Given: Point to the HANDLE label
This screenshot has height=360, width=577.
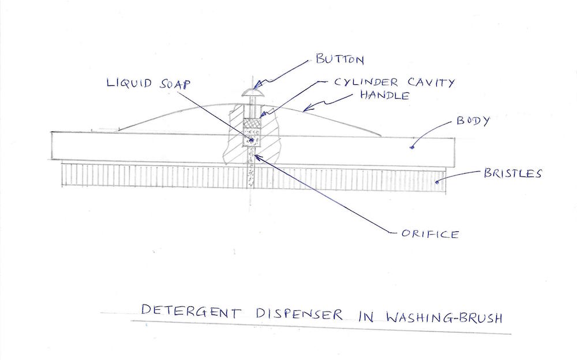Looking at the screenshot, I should point(385,95).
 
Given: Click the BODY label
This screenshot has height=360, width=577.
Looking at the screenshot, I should point(473,122).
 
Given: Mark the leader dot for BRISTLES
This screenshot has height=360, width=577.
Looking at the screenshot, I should point(437,182).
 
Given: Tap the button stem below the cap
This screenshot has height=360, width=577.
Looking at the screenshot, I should point(251,106).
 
